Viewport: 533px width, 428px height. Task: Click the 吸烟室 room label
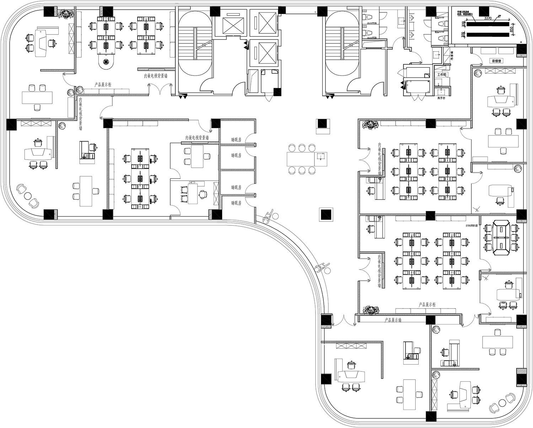coord(496,61)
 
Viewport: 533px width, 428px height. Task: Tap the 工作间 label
coord(442,75)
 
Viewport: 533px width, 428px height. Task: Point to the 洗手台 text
coord(441,97)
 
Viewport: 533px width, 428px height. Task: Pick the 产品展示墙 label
coord(393,320)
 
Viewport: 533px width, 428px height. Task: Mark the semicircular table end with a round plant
coord(106,63)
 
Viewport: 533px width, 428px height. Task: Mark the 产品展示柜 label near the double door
coord(103,85)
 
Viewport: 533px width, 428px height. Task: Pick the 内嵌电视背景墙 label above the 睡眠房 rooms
coord(197,137)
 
